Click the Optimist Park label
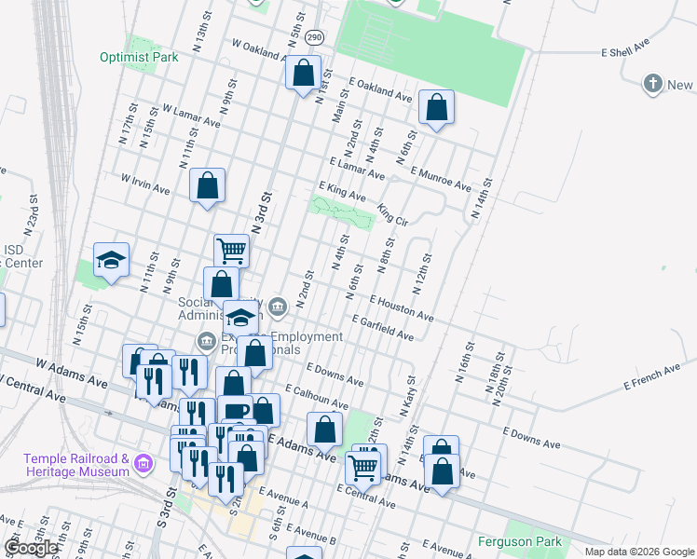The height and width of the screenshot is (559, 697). tap(139, 56)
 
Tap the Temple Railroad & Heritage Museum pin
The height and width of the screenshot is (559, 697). tap(143, 463)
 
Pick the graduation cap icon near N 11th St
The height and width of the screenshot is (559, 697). tap(112, 260)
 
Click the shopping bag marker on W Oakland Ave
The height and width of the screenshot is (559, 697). tap(304, 74)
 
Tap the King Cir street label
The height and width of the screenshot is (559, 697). tap(393, 214)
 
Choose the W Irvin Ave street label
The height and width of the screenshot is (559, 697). tap(144, 183)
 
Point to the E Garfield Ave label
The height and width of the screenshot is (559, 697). tap(382, 327)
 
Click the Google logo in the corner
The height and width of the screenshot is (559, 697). tap(32, 548)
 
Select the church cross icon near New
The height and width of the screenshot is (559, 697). tap(652, 85)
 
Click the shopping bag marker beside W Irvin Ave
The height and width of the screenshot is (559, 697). tap(207, 185)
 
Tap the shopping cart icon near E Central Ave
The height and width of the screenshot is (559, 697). tap(362, 466)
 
